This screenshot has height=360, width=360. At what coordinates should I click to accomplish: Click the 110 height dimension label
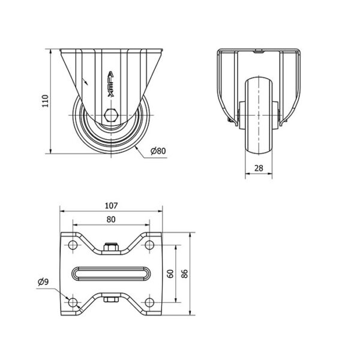pos(45,101)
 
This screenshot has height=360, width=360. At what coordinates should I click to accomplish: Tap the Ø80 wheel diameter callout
pos(158,151)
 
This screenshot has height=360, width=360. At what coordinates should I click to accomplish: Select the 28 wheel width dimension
pos(259,168)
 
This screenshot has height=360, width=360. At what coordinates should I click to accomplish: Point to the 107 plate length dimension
pos(111,205)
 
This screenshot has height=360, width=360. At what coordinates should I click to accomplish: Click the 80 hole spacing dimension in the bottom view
pos(111,220)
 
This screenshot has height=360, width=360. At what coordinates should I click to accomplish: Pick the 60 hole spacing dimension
pos(170,274)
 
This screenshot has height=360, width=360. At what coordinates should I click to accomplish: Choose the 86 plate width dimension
pos(185,274)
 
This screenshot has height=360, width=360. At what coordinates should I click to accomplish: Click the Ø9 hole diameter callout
pos(43,282)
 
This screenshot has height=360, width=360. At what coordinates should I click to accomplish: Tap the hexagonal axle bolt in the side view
pos(111,115)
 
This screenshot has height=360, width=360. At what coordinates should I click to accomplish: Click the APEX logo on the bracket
pos(111,84)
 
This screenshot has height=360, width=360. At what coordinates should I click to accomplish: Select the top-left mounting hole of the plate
pos(73,245)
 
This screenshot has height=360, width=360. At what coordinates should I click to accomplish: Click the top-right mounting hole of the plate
pos(149,245)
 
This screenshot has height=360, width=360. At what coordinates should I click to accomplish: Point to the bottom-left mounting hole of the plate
pos(73,302)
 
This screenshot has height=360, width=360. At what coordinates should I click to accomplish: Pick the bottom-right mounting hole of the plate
pos(149,302)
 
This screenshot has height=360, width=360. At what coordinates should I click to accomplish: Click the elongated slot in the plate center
pos(111,274)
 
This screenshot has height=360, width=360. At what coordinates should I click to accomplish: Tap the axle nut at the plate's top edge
pos(111,247)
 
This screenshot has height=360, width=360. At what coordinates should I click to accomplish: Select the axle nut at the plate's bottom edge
pos(111,299)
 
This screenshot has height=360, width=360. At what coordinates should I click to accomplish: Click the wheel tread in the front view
pos(259,116)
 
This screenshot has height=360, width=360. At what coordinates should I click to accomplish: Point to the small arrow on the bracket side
pos(85,82)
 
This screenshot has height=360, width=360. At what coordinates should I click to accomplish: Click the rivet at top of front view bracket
pos(259,52)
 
